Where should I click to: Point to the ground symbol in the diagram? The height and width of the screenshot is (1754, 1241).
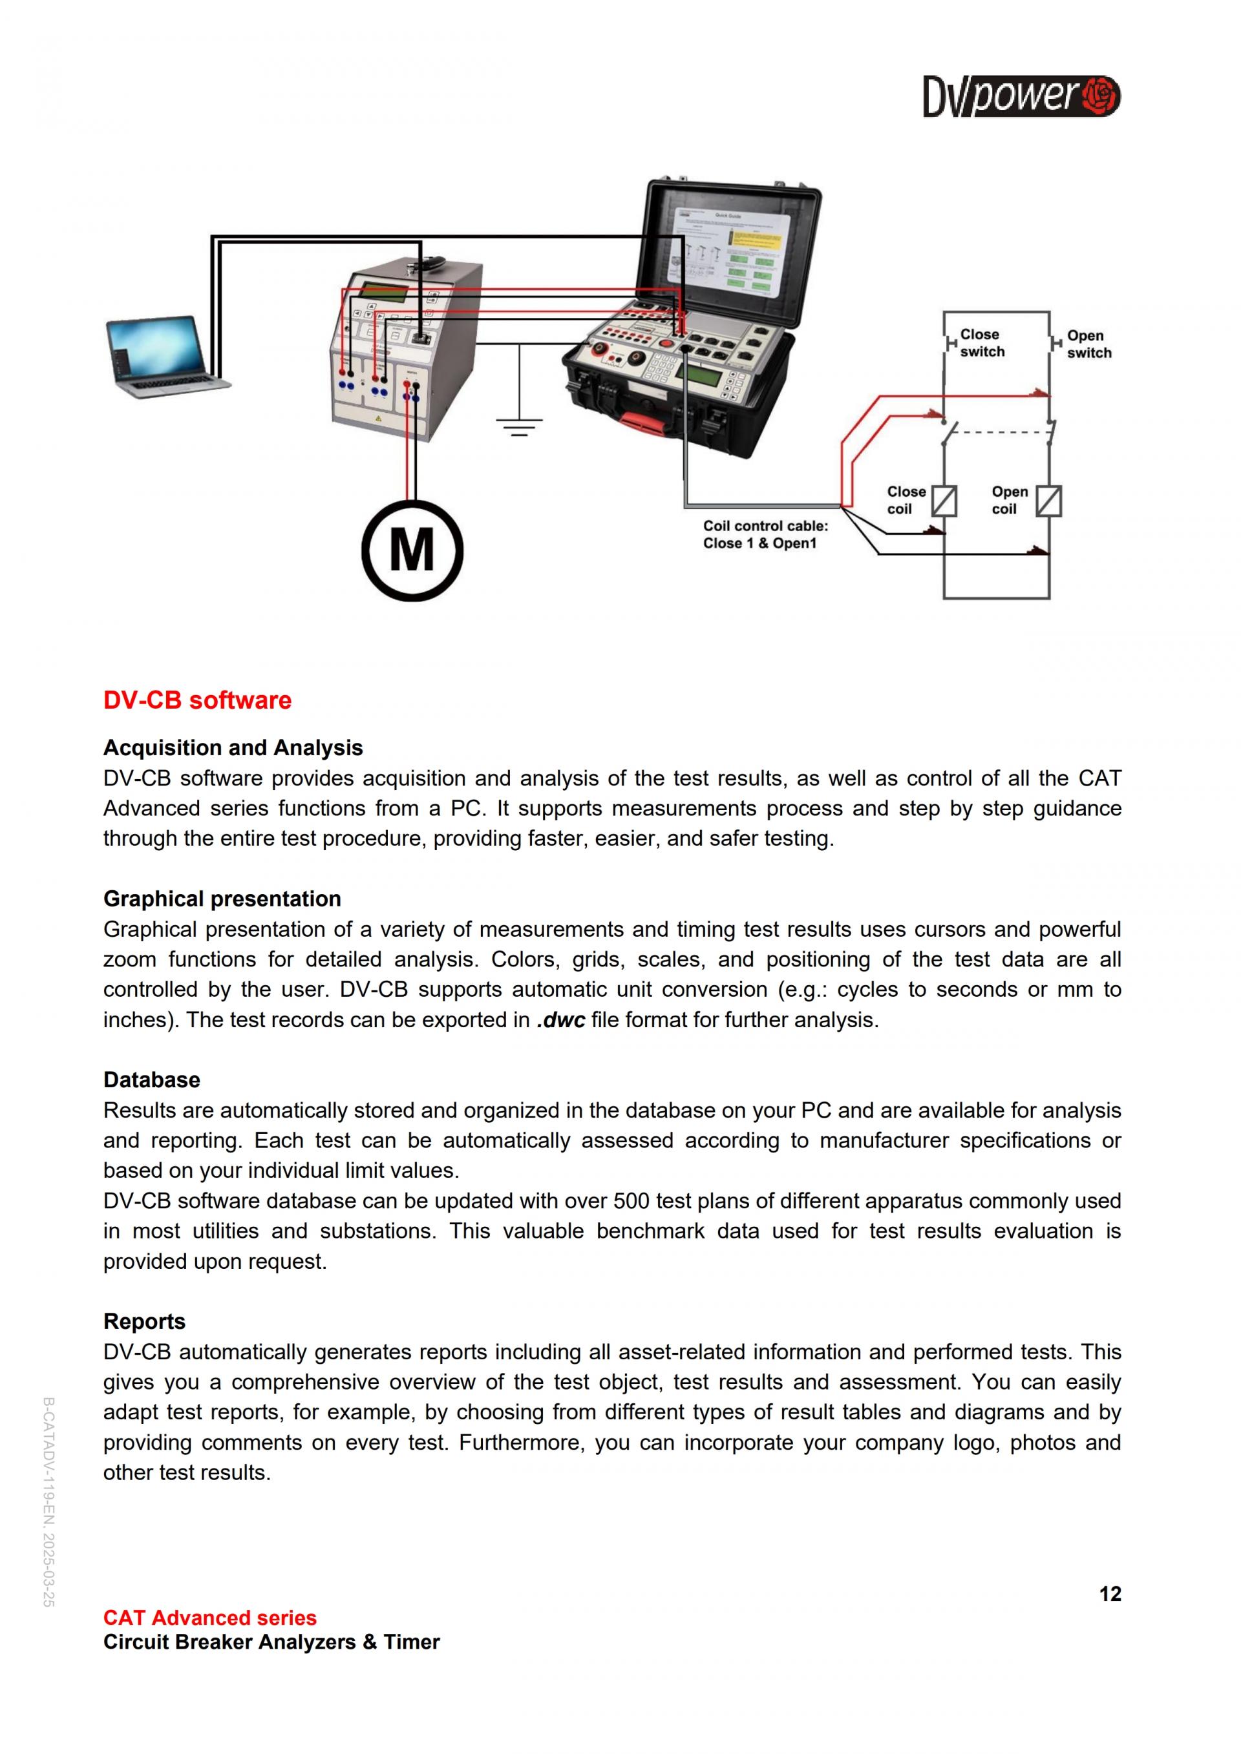coord(520,424)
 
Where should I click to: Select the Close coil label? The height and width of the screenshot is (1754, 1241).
coord(906,501)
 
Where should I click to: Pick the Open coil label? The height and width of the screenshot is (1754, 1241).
coord(1010,501)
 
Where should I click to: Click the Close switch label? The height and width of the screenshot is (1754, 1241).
coord(982,343)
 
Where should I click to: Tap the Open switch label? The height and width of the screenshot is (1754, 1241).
coord(1089,344)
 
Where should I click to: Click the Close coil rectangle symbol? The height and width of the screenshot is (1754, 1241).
coord(944,501)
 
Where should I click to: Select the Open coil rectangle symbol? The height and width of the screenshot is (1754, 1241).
coord(1049,501)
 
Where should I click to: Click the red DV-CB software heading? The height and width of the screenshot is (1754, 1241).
coord(197,700)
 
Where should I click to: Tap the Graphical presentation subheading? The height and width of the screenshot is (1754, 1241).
coord(222,899)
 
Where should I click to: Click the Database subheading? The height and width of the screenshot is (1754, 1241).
coord(152,1080)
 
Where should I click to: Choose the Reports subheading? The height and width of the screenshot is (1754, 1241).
coord(144,1322)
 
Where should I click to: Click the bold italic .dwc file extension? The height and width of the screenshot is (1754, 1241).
coord(561,1020)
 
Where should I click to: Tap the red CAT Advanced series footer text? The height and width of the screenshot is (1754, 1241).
coord(210,1617)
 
